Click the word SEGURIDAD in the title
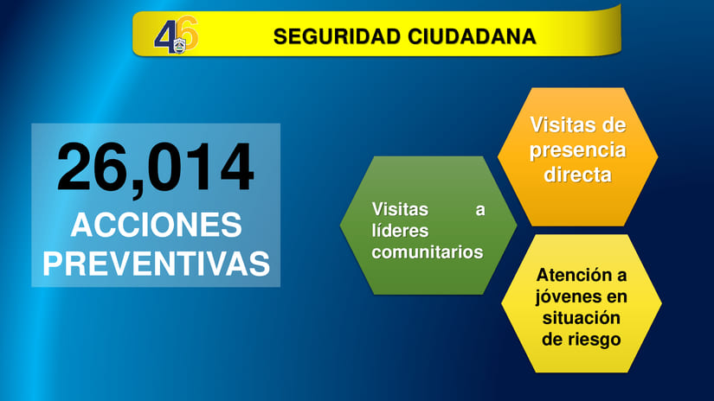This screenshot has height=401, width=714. click(x=325, y=36)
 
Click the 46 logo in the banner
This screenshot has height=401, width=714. click(x=176, y=35)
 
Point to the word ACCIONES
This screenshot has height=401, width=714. click(x=156, y=225)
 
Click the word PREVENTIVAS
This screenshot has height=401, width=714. click(x=156, y=264)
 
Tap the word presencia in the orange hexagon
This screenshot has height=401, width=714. click(x=577, y=150)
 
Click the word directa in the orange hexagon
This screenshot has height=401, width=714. click(x=577, y=175)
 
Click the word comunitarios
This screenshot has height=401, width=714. click(x=427, y=252)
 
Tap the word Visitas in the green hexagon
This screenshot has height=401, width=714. click(x=400, y=209)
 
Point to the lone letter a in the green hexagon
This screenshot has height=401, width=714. click(x=480, y=209)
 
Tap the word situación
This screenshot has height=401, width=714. click(x=582, y=318)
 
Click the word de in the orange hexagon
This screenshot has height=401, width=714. click(x=614, y=126)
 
